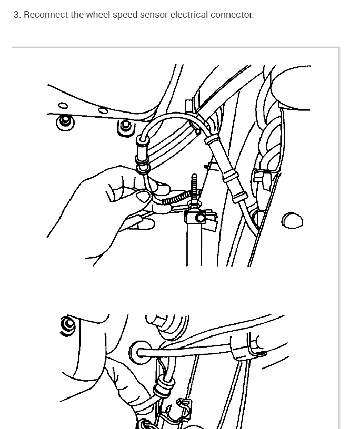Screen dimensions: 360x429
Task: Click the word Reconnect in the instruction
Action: point(46,15)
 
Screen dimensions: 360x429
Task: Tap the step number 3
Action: point(17,15)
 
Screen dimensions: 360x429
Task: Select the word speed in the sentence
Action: point(125,15)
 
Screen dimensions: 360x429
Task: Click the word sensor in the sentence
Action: point(154,15)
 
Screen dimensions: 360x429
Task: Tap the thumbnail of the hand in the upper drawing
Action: point(143,196)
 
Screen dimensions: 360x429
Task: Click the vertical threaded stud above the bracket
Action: point(194,188)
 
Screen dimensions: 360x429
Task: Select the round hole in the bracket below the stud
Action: point(201,218)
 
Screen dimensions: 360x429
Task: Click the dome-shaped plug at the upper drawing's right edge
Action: point(292,220)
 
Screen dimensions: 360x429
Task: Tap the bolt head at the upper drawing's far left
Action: point(65,122)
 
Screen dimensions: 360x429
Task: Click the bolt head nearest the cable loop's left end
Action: point(126,127)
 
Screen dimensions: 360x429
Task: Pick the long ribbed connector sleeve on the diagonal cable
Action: point(225,168)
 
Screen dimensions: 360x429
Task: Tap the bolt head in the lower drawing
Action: point(68,325)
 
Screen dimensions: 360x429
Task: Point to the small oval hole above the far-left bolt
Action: point(63,106)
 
